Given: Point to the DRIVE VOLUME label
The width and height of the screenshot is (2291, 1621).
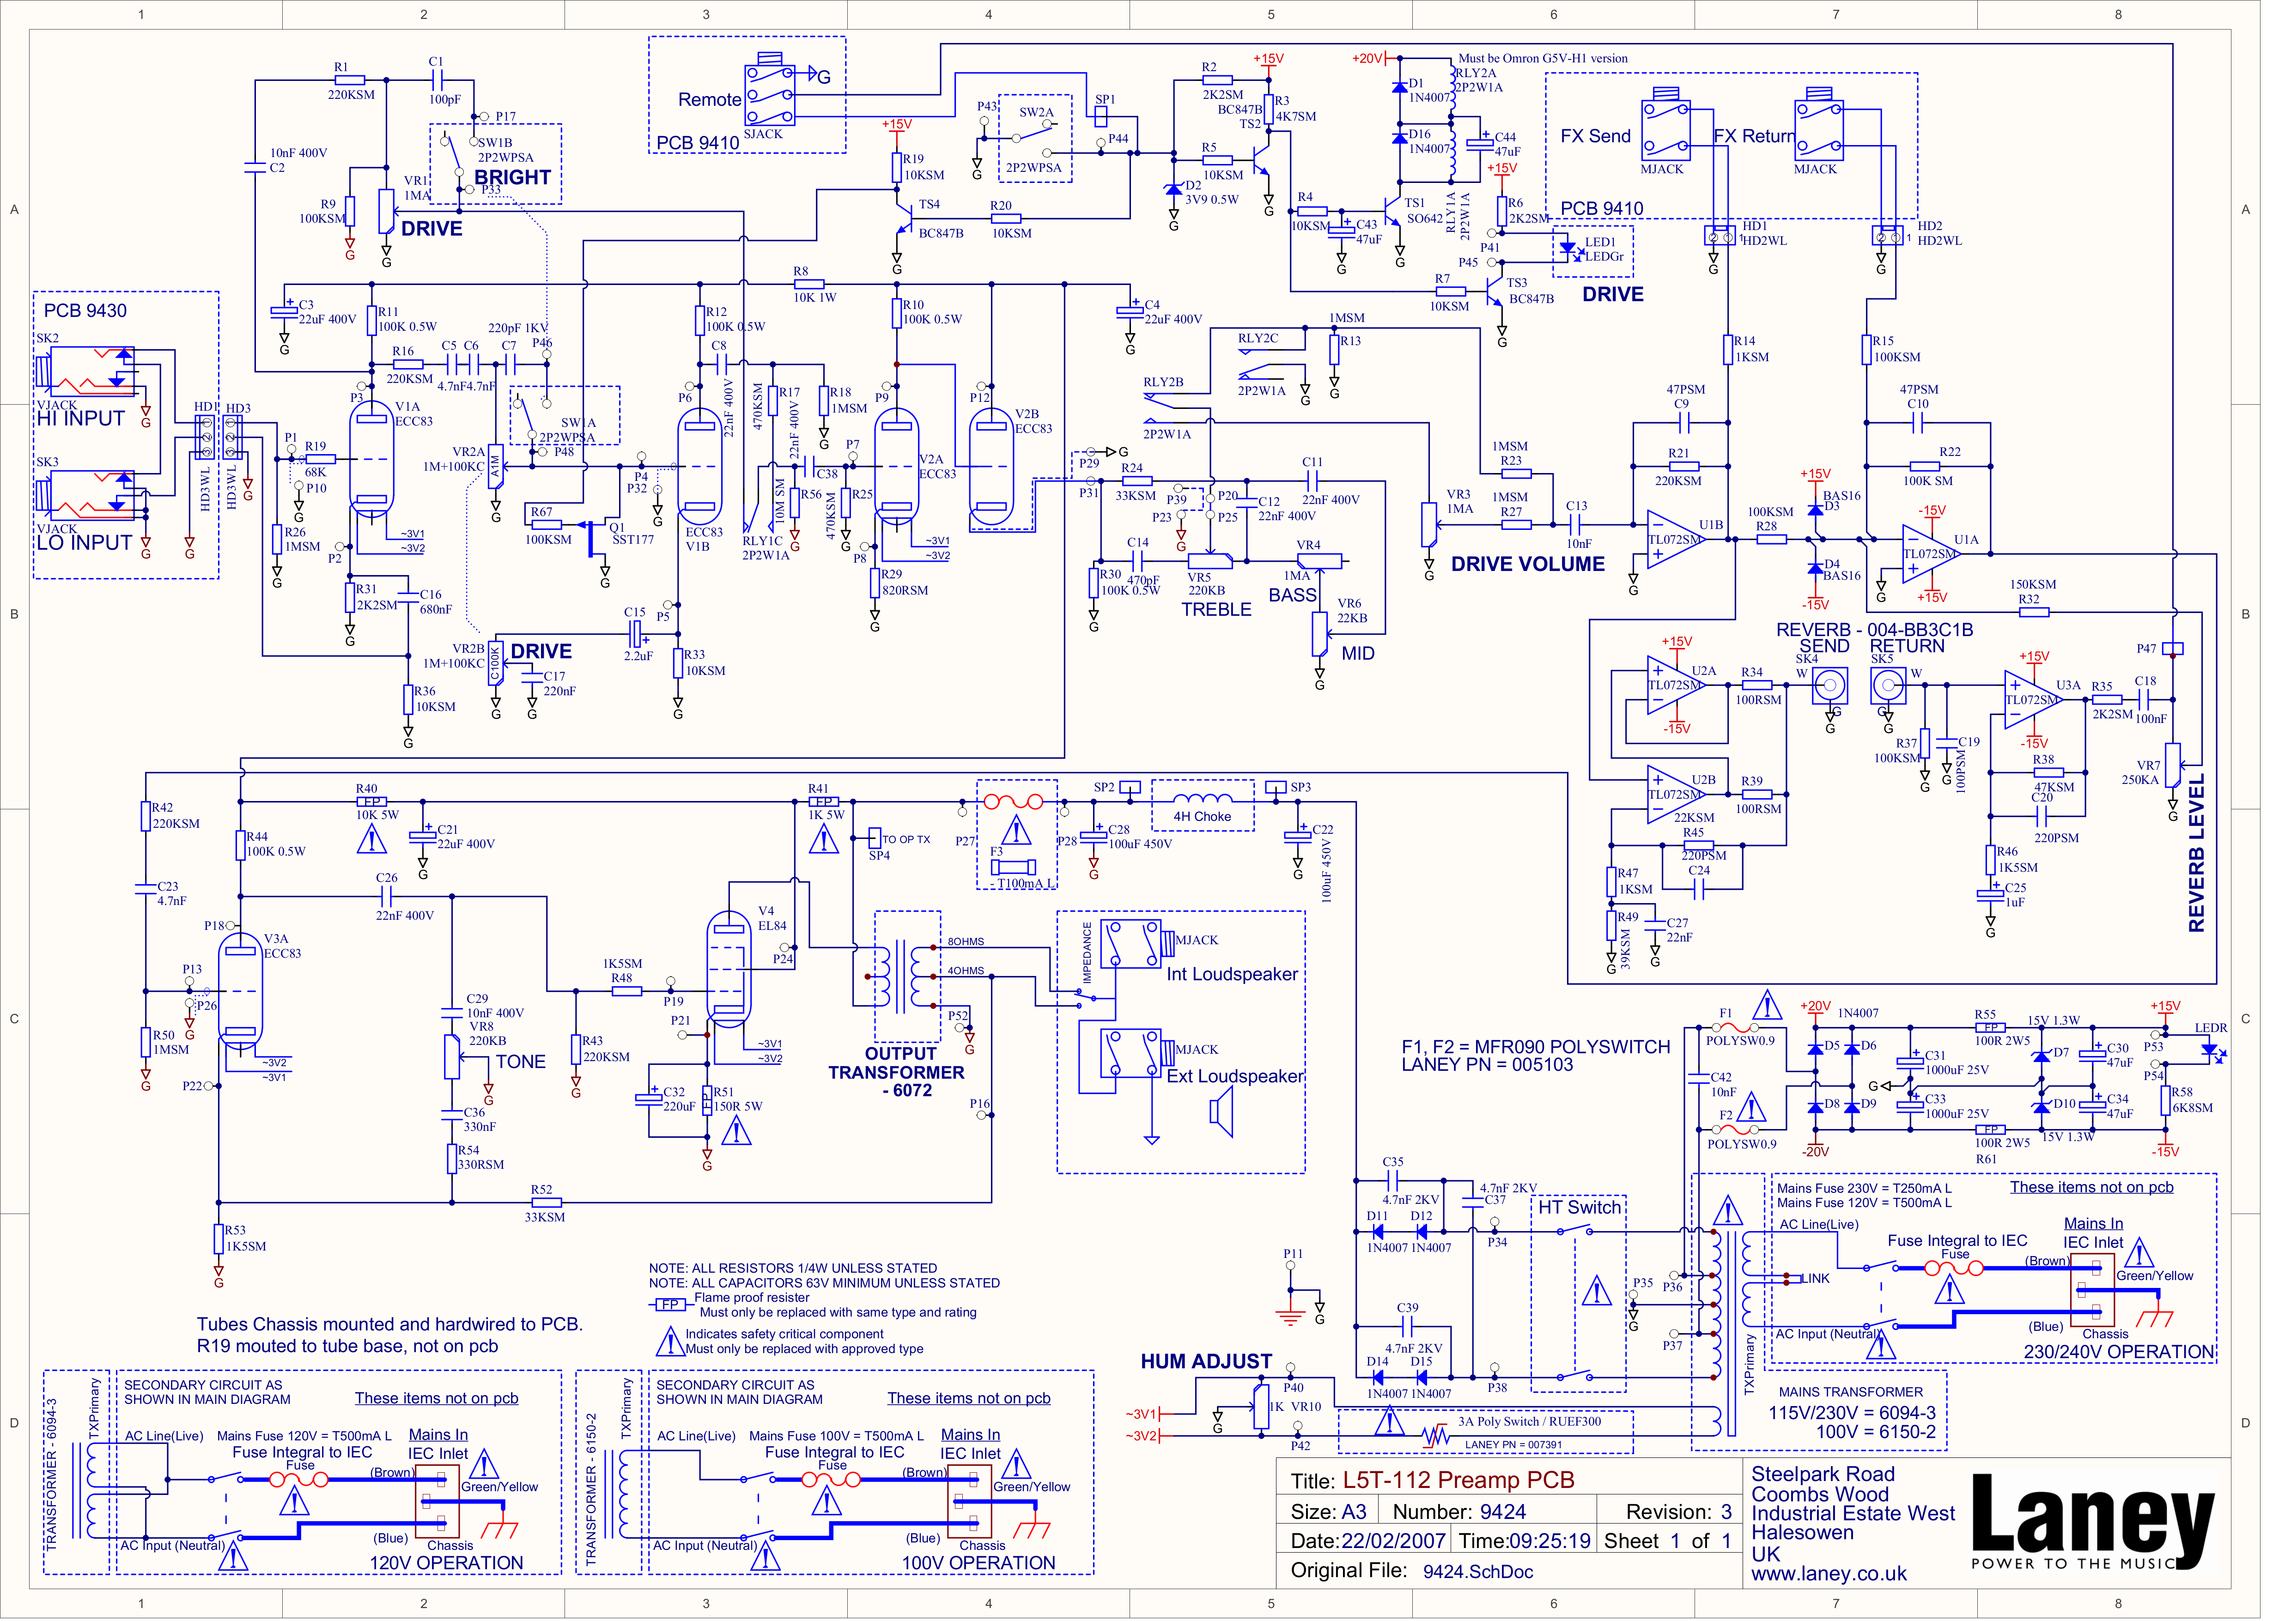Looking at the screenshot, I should pos(1527,564).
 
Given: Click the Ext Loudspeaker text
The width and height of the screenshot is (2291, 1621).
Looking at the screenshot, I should pos(1235,1076).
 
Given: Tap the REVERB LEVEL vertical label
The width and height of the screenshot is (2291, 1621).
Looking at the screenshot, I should pos(2196,853).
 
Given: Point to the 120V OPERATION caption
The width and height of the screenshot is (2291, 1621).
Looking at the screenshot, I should pos(446,1563).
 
